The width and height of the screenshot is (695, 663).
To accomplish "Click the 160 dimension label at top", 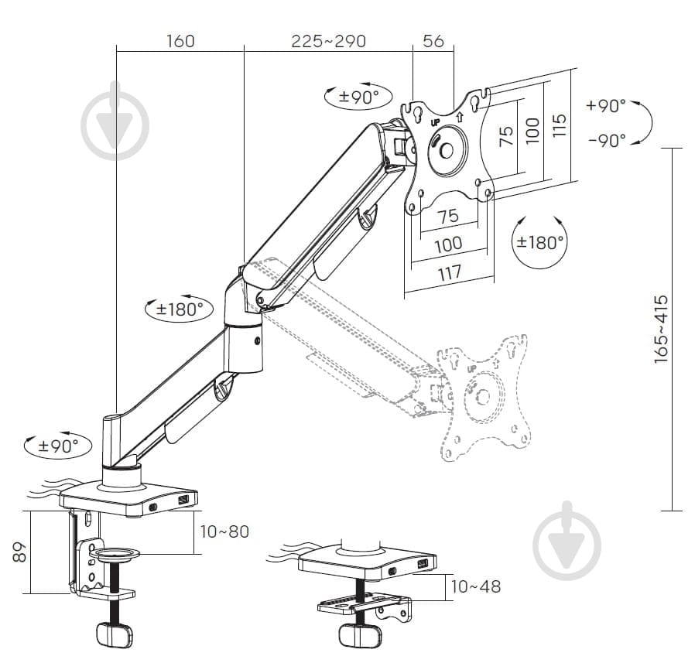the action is (x=180, y=41).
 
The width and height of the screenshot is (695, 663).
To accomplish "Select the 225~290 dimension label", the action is (x=328, y=41).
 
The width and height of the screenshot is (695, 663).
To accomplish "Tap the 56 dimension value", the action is (x=433, y=41).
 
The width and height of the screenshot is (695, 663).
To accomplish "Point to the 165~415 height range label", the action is (x=660, y=330).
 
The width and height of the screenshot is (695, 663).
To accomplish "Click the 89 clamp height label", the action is (x=19, y=552).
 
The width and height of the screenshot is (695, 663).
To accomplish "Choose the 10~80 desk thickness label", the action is (x=224, y=531).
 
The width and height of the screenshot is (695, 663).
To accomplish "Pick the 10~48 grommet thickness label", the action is (x=476, y=586).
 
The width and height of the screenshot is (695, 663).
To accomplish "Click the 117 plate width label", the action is (x=450, y=273).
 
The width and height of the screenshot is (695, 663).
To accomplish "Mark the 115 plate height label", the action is (x=560, y=125).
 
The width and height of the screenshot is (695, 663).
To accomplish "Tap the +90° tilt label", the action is (x=605, y=105).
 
